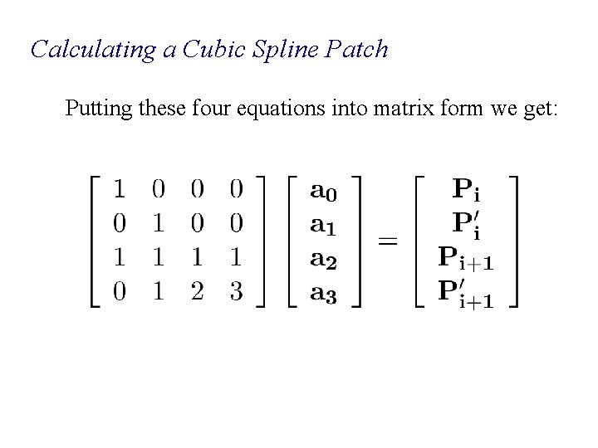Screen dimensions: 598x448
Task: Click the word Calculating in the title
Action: point(93,50)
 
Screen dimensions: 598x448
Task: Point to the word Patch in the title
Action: point(360,50)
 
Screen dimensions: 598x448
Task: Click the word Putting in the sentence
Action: point(96,109)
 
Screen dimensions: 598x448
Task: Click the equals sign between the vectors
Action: point(388,242)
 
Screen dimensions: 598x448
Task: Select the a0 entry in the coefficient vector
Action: point(323,191)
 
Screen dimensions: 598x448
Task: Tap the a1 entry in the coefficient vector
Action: point(323,224)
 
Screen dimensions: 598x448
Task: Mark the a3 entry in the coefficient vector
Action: point(323,292)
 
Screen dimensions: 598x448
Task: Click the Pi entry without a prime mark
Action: point(465,191)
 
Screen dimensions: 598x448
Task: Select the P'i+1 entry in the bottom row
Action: point(465,292)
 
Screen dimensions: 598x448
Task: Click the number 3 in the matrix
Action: point(236,292)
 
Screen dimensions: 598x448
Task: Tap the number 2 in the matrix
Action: point(198,292)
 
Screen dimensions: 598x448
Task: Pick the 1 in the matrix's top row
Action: point(120,191)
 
